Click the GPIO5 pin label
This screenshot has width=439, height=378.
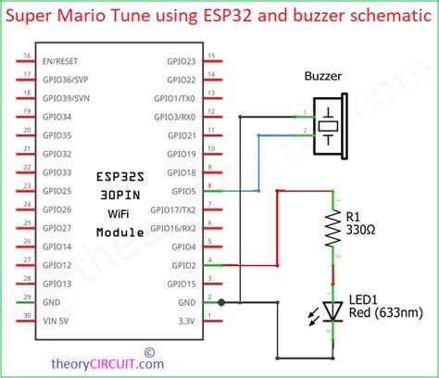[x=183, y=191]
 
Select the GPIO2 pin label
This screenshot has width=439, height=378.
[x=183, y=265]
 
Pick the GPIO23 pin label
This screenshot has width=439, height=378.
[x=181, y=61]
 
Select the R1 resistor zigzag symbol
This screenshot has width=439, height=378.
[x=332, y=229]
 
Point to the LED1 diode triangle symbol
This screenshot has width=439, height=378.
[x=332, y=310]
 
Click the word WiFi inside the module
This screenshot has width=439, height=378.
[x=120, y=213]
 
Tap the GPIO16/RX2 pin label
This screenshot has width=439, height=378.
[x=174, y=228]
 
